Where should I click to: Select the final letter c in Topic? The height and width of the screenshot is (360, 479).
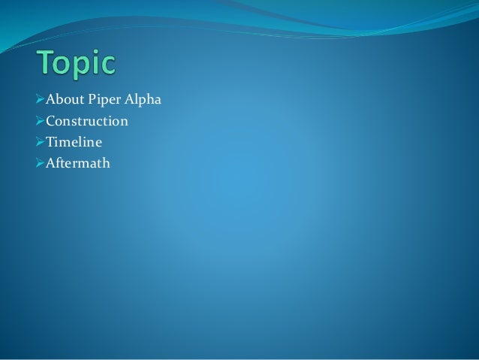[x=107, y=66]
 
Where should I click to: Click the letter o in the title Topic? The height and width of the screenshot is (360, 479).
[x=65, y=66]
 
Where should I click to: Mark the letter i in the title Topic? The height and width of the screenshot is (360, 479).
[x=95, y=64]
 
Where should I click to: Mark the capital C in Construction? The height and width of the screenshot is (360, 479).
[x=50, y=120]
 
